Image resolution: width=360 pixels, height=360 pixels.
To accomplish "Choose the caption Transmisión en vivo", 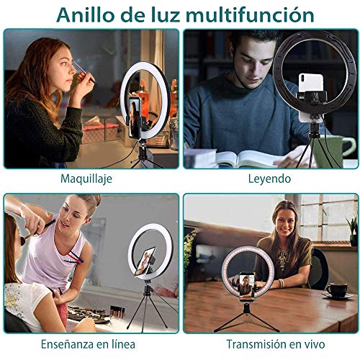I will [x=269, y=344].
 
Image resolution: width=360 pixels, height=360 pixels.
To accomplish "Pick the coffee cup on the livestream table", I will [x=336, y=289].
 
